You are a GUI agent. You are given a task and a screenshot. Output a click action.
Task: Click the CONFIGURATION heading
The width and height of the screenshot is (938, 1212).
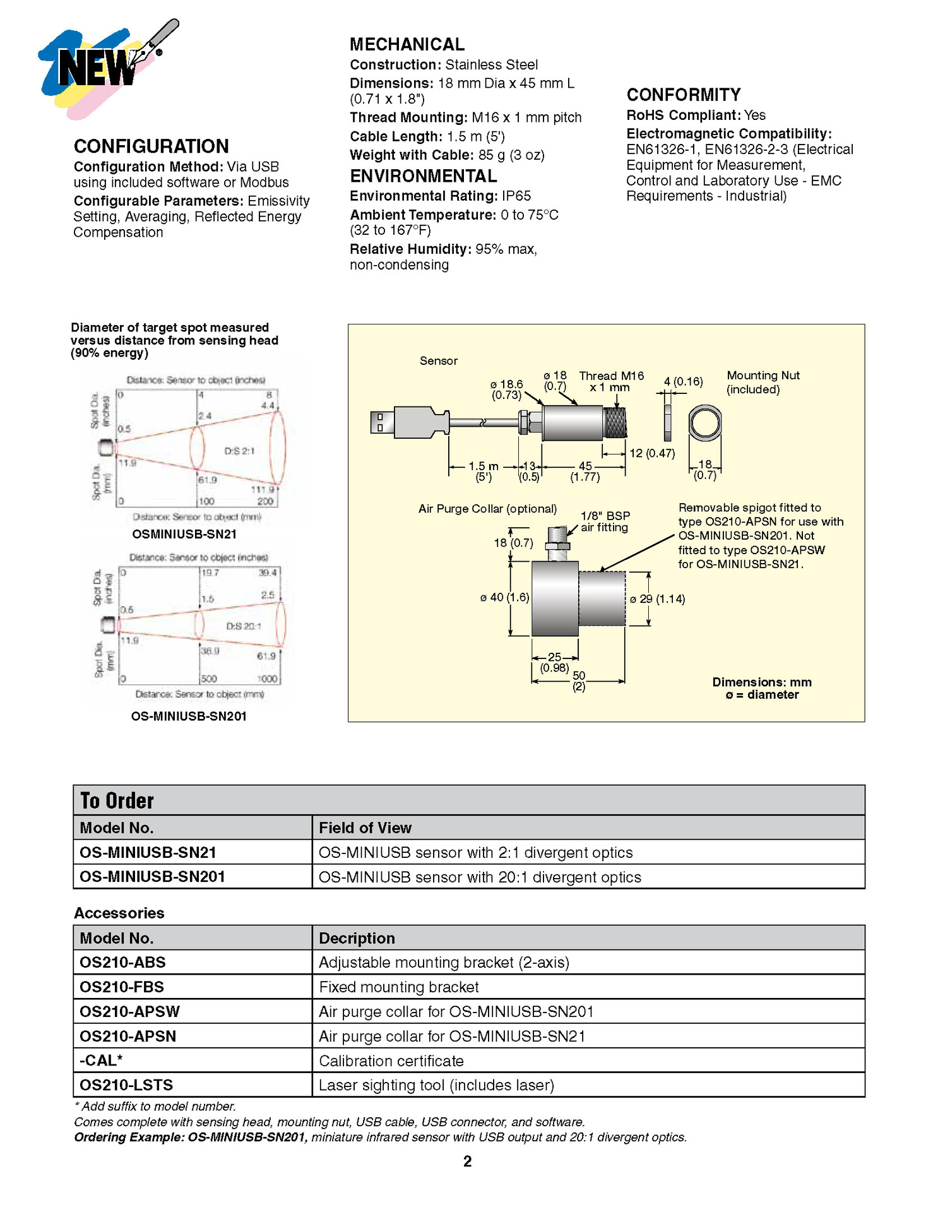point(151,146)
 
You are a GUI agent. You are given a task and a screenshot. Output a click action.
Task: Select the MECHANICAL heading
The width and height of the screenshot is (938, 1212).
point(407,45)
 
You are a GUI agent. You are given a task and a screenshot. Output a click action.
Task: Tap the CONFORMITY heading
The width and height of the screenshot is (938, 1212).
point(683,95)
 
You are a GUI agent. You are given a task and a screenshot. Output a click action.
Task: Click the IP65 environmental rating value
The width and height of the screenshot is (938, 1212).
point(516,196)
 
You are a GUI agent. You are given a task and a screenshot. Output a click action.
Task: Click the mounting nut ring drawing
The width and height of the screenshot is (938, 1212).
point(704,423)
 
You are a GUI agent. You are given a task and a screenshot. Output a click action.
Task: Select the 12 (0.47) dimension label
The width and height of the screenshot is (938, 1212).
point(652,453)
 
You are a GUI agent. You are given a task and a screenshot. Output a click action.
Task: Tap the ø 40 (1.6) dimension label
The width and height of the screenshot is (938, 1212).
point(504,597)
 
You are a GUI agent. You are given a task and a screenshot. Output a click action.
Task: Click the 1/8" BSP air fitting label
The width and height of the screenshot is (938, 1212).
point(605,521)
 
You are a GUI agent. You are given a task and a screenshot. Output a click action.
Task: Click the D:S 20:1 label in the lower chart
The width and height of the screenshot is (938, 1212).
point(244,626)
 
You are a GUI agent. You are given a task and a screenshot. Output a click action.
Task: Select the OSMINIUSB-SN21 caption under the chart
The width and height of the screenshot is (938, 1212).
point(184,534)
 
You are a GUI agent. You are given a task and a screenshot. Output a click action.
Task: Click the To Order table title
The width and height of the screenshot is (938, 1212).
point(117,800)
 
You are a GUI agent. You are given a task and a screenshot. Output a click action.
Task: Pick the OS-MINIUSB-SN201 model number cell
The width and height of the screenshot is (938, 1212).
point(152,877)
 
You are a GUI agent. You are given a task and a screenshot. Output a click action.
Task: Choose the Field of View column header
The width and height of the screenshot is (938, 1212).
point(365,828)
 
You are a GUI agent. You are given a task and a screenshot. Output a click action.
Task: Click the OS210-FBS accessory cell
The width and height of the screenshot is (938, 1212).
point(121,987)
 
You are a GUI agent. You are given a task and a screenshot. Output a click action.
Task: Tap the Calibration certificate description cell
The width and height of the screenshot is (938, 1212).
point(391,1060)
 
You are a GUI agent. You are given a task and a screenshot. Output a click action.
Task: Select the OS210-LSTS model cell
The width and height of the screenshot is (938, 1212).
point(126,1085)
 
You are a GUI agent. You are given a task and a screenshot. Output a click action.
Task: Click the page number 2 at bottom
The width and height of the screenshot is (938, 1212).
point(467,1161)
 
